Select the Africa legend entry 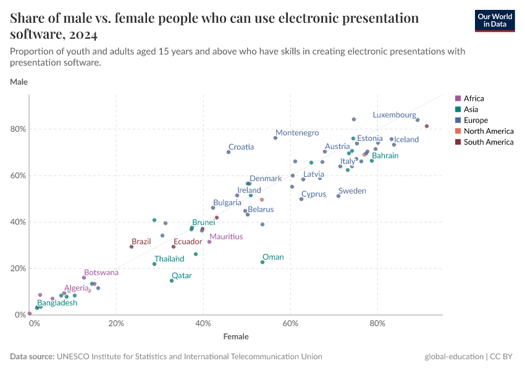coord(474,98)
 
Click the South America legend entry coord(488,142)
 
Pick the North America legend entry coord(488,131)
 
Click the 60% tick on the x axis coord(291,323)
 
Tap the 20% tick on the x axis coord(116,323)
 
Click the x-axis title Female coord(236,337)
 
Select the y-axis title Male coord(19,82)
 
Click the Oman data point coord(262,262)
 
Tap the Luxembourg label coord(394,115)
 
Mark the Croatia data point coord(229,152)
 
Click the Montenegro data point coord(275,138)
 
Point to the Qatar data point coord(172,281)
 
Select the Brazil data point coord(132,247)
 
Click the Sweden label coord(352,191)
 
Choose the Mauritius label coord(225,237)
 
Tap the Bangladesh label coord(57,303)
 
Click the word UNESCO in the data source coord(75,357)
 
